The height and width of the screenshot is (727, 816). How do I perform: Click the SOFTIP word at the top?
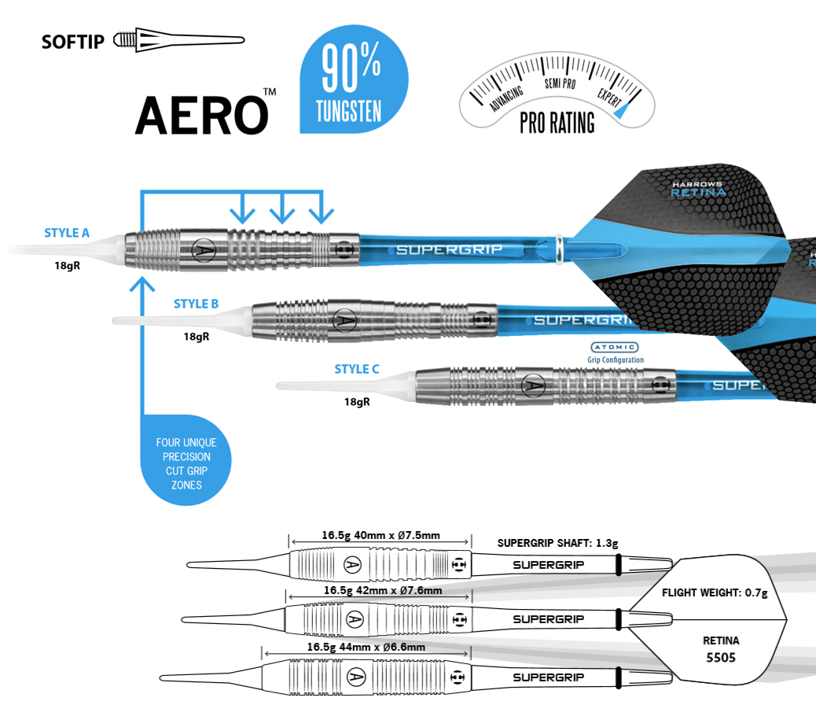[x=72, y=41]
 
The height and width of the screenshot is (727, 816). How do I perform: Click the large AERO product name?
[x=201, y=113]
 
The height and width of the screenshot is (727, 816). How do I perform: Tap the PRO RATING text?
[x=557, y=124]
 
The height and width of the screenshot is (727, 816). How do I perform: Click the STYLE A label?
[x=67, y=233]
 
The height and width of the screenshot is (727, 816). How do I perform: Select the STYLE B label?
[x=196, y=304]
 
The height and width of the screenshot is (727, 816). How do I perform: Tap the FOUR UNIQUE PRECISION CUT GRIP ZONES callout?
[x=186, y=463]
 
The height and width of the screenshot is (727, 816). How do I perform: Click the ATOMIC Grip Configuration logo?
[x=615, y=352]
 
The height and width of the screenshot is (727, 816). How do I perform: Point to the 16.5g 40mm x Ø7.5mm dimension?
[x=380, y=536]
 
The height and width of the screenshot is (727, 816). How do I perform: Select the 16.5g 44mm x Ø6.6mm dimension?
[x=366, y=647]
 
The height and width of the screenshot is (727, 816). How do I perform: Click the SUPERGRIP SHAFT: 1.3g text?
[x=558, y=543]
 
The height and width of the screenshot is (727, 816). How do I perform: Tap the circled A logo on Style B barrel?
[x=343, y=319]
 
